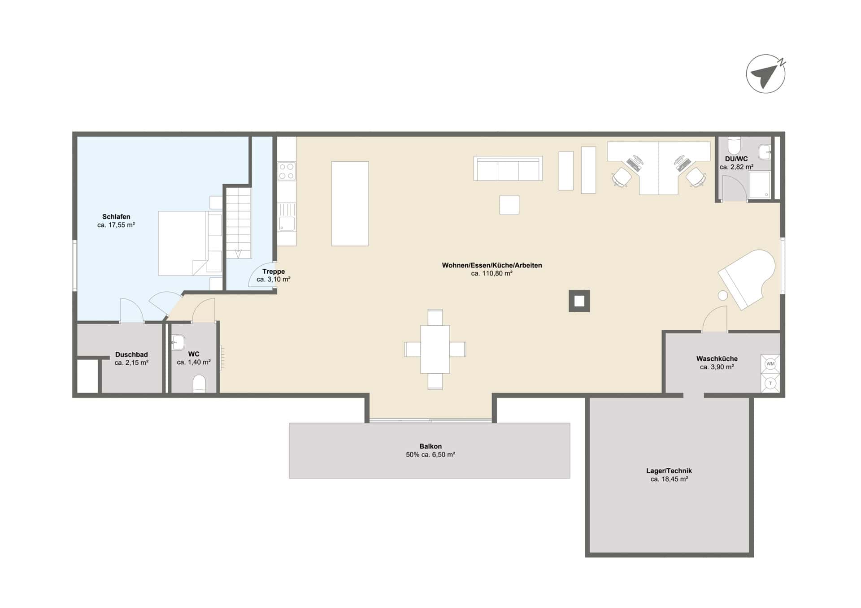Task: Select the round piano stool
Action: [722, 295]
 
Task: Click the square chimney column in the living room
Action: [579, 301]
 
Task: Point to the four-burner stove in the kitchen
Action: [287, 171]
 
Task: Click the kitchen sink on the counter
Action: [287, 217]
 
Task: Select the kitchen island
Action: [350, 203]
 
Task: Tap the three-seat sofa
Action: [508, 168]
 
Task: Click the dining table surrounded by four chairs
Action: [435, 349]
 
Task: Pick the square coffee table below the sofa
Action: [509, 205]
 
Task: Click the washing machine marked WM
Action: [770, 364]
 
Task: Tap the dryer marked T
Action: [770, 384]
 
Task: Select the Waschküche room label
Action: [717, 358]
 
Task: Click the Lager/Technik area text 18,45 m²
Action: [669, 479]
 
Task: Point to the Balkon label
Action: [430, 446]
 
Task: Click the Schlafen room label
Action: [116, 216]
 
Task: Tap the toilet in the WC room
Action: [199, 384]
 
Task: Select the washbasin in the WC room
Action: [178, 343]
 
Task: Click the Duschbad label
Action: [131, 354]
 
